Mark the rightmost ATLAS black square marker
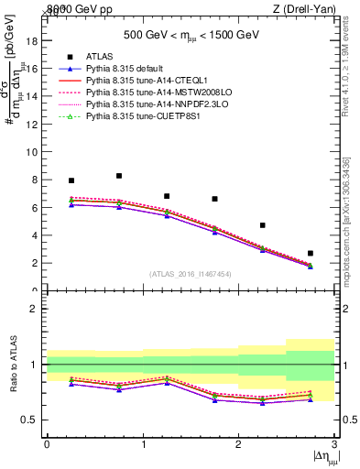[x=311, y=253]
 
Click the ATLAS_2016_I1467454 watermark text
[x=191, y=274]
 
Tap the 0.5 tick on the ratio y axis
[x=30, y=420]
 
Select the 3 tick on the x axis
[x=334, y=443]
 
